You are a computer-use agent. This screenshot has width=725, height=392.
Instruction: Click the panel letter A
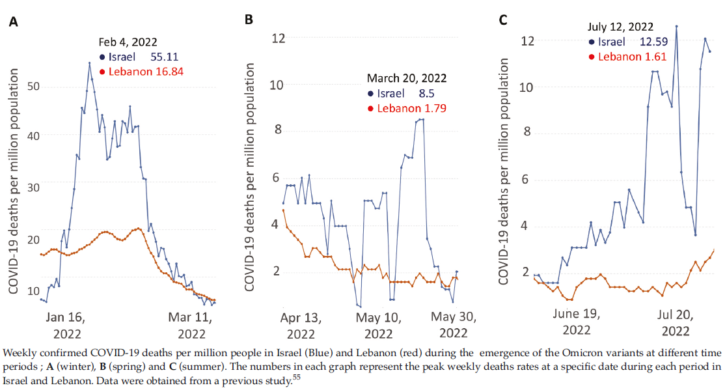pos(13,22)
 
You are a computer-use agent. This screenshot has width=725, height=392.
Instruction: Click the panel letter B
pos(248,20)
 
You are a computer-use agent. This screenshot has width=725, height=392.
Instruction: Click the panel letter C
pos(502,20)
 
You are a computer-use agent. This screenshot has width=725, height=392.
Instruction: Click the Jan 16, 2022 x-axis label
pos(67,325)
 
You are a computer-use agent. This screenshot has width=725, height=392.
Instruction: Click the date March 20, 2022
pos(407,78)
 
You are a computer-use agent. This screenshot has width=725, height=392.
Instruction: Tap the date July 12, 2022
pos(618,27)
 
